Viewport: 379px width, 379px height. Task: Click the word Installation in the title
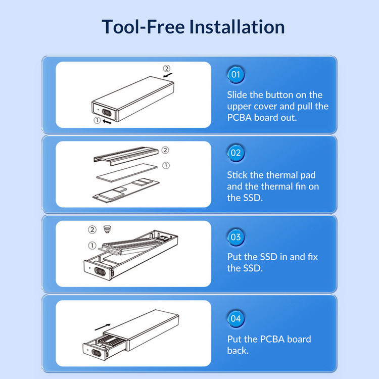[237, 27]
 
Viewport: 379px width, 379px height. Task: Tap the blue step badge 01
[235, 74]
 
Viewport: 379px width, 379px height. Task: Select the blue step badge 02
[235, 153]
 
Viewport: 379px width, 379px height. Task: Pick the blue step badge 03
[235, 237]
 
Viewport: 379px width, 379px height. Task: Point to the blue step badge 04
[235, 318]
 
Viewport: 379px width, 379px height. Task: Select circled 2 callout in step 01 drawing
[167, 68]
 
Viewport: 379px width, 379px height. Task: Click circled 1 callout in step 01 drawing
[97, 120]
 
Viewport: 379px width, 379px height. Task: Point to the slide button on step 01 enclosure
[107, 112]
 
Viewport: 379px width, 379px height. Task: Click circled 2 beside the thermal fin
[165, 150]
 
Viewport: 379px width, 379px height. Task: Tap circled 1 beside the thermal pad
[166, 166]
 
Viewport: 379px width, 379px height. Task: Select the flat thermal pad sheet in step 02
[127, 172]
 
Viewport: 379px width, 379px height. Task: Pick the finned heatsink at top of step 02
[126, 156]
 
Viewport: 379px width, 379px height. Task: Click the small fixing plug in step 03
[107, 229]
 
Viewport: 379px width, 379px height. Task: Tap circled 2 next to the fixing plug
[92, 229]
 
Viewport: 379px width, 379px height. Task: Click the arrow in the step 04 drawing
[103, 327]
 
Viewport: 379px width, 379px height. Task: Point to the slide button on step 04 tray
[97, 353]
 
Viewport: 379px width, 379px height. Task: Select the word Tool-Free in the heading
[143, 27]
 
